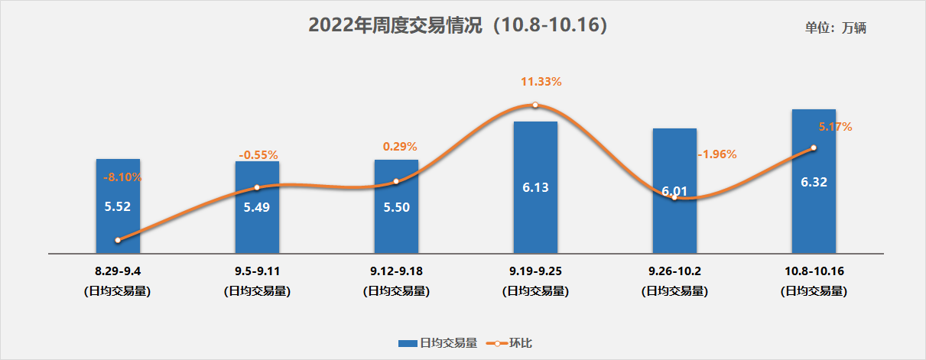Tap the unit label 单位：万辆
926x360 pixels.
click(x=835, y=28)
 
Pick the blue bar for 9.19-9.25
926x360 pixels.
click(x=535, y=222)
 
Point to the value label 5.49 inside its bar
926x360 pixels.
click(x=257, y=207)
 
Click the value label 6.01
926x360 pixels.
click(x=674, y=190)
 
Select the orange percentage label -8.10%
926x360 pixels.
click(x=122, y=177)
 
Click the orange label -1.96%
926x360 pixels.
click(x=717, y=154)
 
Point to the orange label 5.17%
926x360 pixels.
click(x=835, y=127)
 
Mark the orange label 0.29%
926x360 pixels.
click(x=400, y=147)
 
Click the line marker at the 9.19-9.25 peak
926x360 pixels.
click(x=535, y=105)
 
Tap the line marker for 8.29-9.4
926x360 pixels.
click(x=118, y=240)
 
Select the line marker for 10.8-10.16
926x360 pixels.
click(x=814, y=148)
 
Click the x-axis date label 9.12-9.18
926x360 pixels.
click(x=396, y=271)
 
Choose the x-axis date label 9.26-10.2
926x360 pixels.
click(x=674, y=271)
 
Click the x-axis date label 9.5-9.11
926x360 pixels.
click(x=257, y=271)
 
